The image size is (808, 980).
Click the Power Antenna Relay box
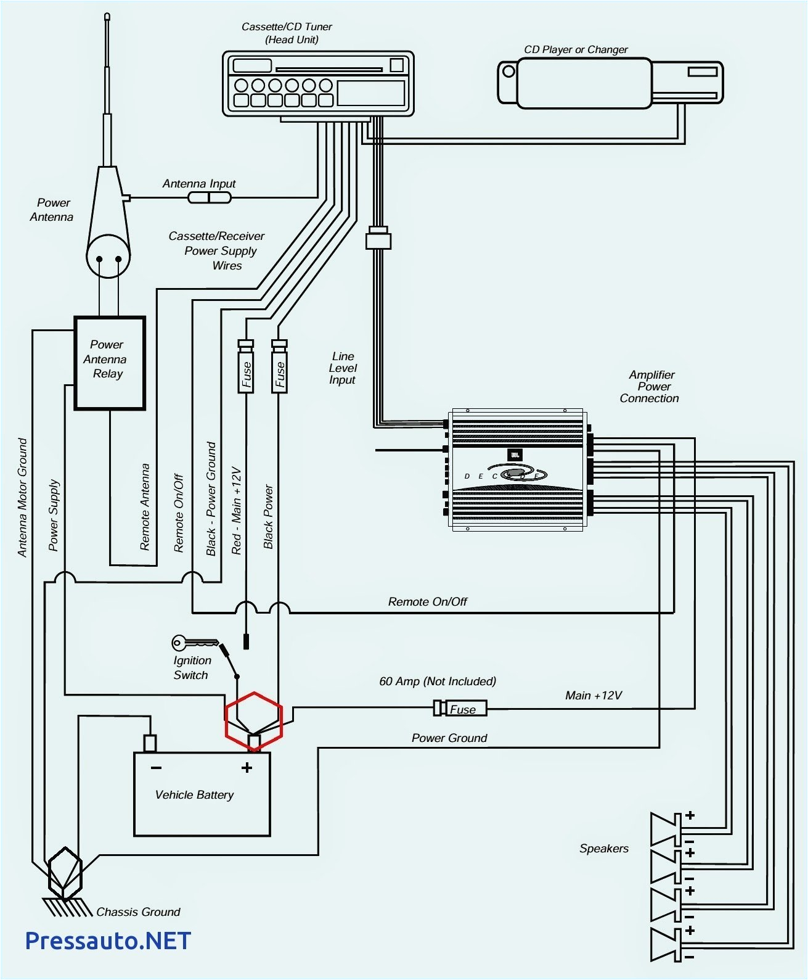[x=110, y=363]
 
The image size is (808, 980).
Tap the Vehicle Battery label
[x=194, y=795]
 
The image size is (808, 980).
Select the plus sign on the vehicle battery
[x=247, y=768]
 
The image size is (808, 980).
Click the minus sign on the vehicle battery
[x=156, y=768]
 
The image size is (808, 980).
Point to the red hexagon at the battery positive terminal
[x=254, y=721]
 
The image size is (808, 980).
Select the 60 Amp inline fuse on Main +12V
[x=461, y=709]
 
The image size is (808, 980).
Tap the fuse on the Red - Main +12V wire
[x=246, y=369]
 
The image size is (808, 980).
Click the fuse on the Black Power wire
[x=279, y=369]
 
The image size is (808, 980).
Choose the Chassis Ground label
[x=138, y=912]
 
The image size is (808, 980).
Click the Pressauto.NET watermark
[x=108, y=941]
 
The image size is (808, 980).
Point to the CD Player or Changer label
[x=576, y=49]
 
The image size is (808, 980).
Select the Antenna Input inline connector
[x=209, y=197]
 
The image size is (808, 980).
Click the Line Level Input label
[x=343, y=368]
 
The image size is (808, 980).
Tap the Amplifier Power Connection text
[x=650, y=387]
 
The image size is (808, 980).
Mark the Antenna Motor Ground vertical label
[x=23, y=498]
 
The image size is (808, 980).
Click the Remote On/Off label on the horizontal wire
[x=427, y=602]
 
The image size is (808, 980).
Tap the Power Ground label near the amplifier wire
[x=449, y=738]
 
